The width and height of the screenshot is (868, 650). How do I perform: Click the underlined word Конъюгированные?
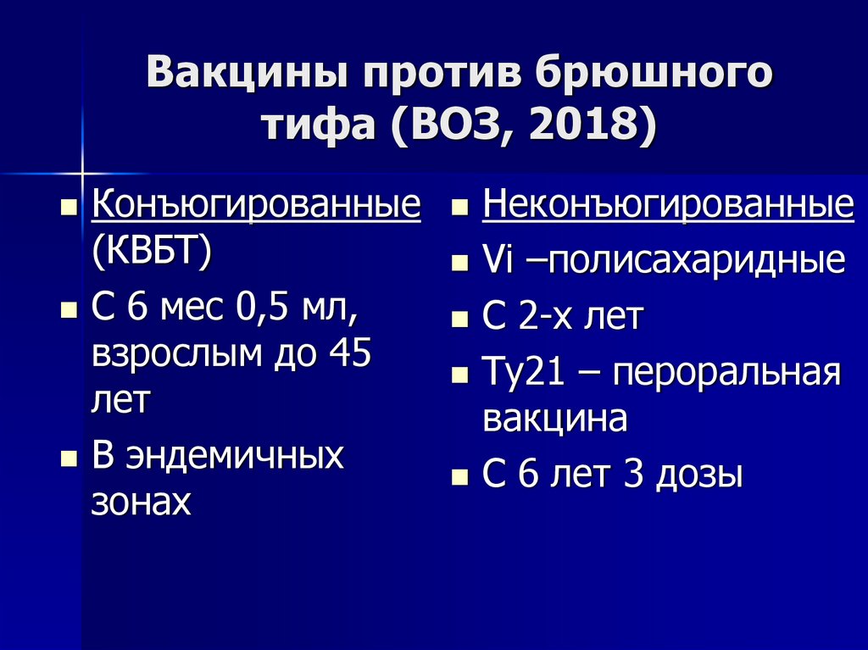click(x=256, y=207)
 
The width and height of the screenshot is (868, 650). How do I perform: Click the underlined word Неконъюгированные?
click(x=668, y=207)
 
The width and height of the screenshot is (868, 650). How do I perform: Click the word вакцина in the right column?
click(x=554, y=419)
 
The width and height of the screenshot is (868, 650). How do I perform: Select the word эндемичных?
click(x=235, y=456)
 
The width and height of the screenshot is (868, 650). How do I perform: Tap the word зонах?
click(x=141, y=502)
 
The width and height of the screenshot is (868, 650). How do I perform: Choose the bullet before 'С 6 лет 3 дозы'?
click(x=459, y=478)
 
